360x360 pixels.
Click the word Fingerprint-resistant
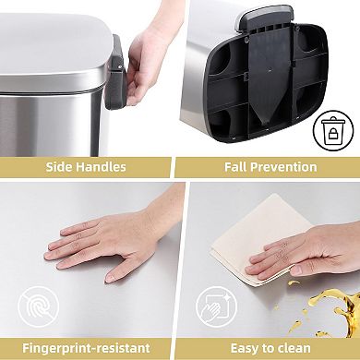86,347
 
